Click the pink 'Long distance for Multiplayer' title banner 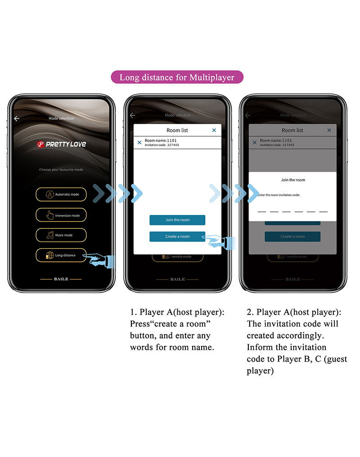pyautogui.click(x=177, y=77)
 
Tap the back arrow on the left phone pyautogui.click(x=17, y=118)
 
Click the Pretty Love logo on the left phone pyautogui.click(x=61, y=144)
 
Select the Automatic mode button pyautogui.click(x=61, y=194)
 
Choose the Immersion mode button pyautogui.click(x=61, y=215)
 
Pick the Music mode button pyautogui.click(x=61, y=235)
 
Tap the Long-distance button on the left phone pyautogui.click(x=61, y=255)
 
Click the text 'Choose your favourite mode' pyautogui.click(x=61, y=170)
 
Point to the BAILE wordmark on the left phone pyautogui.click(x=61, y=279)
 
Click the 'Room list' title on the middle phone pyautogui.click(x=177, y=130)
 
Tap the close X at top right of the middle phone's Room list pyautogui.click(x=214, y=130)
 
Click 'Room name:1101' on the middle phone pyautogui.click(x=161, y=140)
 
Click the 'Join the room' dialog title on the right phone pyautogui.click(x=293, y=180)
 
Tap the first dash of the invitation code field pyautogui.click(x=262, y=211)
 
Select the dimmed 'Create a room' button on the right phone pyautogui.click(x=292, y=237)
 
